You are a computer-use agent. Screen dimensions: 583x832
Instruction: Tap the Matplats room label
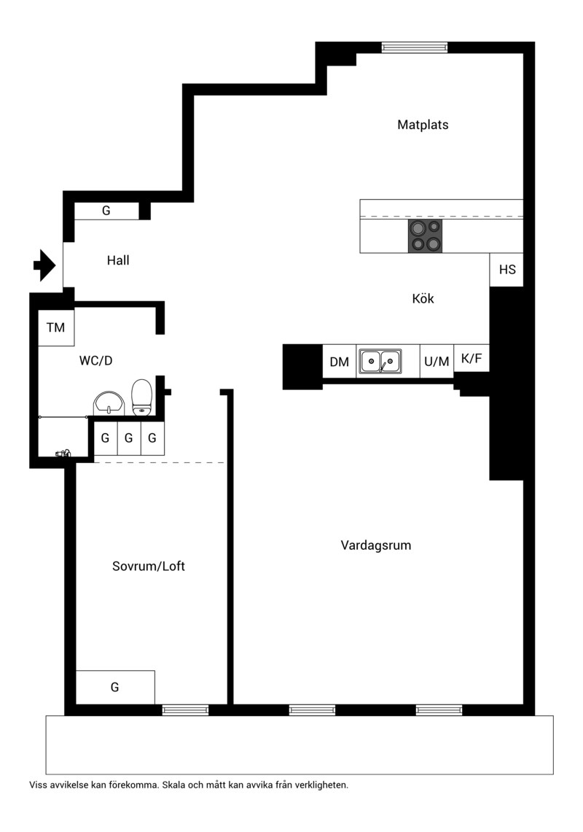point(423,125)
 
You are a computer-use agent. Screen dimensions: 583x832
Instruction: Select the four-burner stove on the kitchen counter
point(425,236)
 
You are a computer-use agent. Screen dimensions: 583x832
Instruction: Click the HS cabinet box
point(506,270)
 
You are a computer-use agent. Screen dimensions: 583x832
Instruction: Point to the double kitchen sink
point(380,362)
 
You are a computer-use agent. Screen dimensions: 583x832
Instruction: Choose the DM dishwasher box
point(340,362)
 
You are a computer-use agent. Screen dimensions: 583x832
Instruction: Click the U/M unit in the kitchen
point(437,362)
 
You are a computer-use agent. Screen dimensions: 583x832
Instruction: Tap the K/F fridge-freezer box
point(472,358)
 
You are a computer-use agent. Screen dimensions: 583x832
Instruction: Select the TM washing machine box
point(55,327)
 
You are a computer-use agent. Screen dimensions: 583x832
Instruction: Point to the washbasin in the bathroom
point(109,403)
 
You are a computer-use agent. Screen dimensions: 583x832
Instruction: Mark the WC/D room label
point(96,361)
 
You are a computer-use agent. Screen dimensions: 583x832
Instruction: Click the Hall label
point(118,260)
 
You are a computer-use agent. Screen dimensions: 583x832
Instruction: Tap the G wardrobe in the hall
point(106,211)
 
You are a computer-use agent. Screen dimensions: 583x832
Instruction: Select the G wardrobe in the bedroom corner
point(115,687)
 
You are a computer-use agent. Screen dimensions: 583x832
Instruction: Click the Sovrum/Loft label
point(149,566)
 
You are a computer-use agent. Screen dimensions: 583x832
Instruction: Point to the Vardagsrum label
point(375,545)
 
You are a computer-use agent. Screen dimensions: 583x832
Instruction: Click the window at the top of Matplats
point(415,47)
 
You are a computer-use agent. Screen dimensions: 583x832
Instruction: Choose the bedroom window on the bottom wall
point(185,710)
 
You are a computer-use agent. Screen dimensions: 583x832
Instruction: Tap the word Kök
point(423,298)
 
